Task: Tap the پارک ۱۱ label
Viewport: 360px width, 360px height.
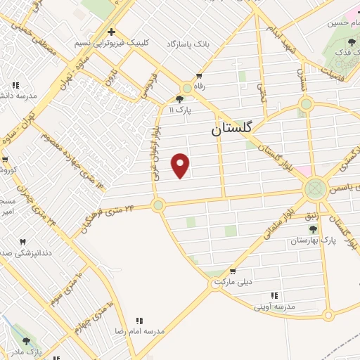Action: [x=181, y=110]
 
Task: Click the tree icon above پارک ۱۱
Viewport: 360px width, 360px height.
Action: [x=181, y=99]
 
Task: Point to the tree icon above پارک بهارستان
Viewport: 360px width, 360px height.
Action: [x=312, y=229]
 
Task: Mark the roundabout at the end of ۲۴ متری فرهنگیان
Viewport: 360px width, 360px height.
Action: [x=158, y=205]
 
